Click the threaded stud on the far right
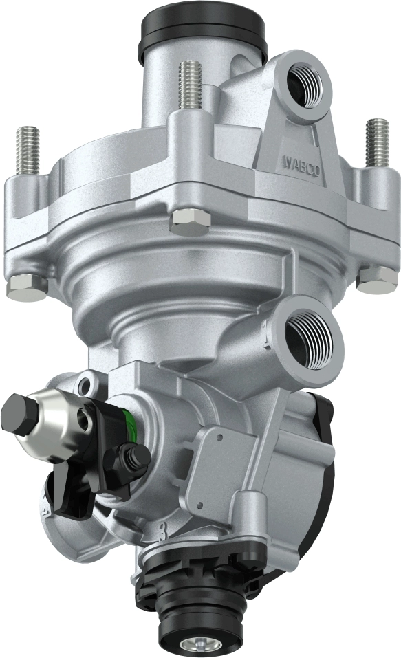pos(378,142)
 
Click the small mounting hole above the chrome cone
pos(86,384)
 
